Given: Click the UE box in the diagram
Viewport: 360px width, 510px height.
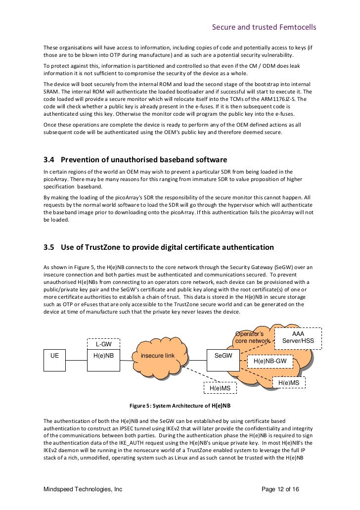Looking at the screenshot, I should click(54, 355).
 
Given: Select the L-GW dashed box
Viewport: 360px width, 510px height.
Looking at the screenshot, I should click(103, 344).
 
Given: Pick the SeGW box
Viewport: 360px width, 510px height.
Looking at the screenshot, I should click(223, 355).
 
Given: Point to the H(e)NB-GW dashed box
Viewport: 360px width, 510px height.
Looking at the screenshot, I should click(270, 362).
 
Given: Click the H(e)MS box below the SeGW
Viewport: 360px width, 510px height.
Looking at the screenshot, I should click(220, 388).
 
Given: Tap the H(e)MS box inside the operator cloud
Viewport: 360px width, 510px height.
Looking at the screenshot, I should click(288, 382).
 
